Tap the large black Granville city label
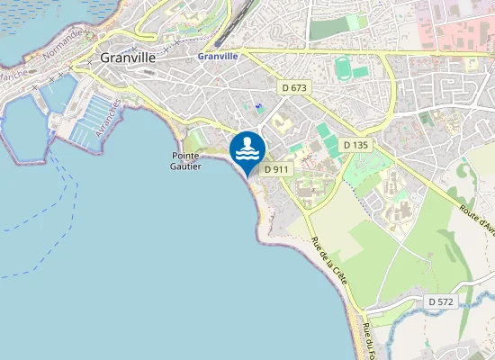point(128,57)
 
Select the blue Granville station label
point(218,56)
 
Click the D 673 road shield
point(293,88)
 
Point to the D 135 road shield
point(356,144)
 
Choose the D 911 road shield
point(275,168)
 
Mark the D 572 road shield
point(440,301)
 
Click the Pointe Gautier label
point(186,160)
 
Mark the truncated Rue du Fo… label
point(366,340)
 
